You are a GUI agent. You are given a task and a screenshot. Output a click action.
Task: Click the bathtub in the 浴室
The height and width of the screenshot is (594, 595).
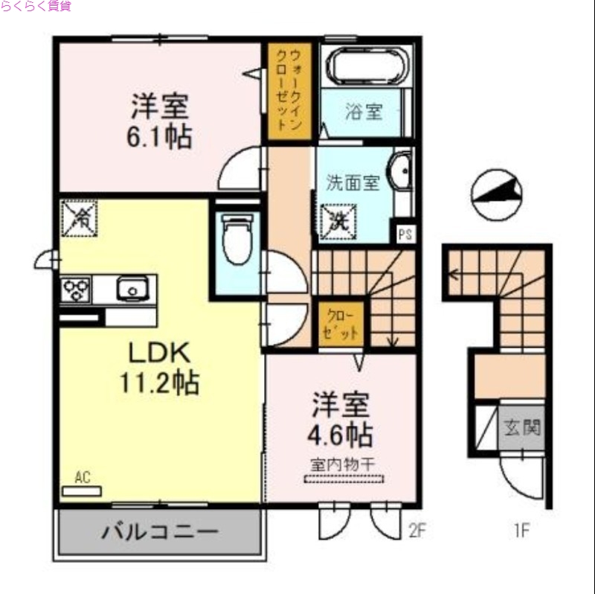click(x=366, y=67)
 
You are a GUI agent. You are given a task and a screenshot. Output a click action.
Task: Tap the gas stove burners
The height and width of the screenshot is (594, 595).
click(x=76, y=289)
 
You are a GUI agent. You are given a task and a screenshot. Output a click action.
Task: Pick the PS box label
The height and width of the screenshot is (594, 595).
click(x=405, y=234)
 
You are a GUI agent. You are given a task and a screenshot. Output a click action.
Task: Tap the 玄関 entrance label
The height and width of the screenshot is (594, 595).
click(x=523, y=428)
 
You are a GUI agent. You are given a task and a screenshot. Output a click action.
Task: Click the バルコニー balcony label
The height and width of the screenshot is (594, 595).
click(x=160, y=533)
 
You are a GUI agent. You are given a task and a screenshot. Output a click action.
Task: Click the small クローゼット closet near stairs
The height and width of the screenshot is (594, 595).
click(x=341, y=324)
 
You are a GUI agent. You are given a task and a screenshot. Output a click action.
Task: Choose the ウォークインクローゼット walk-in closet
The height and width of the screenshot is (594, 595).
click(x=285, y=89)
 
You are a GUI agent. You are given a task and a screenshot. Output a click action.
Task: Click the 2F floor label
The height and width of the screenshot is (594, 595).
click(x=416, y=531)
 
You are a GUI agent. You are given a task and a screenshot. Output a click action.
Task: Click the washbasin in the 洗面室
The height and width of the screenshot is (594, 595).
click(x=400, y=173)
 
